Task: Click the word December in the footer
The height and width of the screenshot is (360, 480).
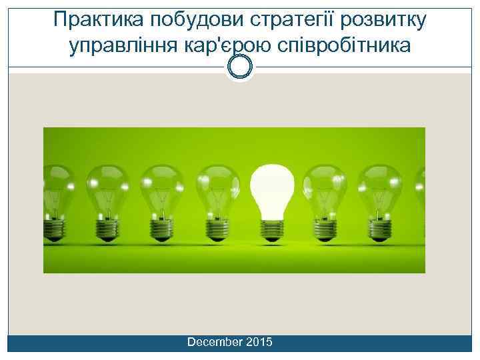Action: pos(215,342)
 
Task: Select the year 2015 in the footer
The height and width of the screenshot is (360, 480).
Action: pos(259,342)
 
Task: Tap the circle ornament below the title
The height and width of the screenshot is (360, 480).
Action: pos(240,67)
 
